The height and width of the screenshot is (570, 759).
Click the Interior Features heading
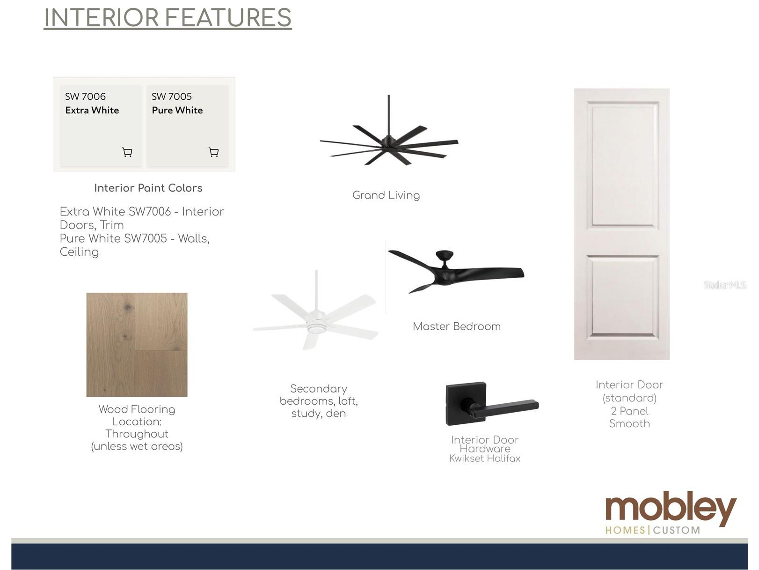pos(168,18)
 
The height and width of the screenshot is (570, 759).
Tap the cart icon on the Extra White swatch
pos(127,152)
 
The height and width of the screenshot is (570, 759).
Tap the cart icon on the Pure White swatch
pos(214,152)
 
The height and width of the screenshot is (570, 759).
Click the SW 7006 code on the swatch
pos(86,96)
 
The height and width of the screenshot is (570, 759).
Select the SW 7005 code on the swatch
pos(172,96)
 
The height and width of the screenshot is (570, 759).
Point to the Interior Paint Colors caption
pos(148,188)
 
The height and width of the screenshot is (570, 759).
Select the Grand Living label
pos(386,195)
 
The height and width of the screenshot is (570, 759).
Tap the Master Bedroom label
pos(457,326)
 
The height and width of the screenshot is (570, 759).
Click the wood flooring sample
pos(137,345)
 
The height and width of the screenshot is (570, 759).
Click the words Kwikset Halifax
pos(485,459)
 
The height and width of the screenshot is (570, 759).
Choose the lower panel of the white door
pos(622,297)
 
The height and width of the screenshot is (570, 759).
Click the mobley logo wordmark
pos(671,508)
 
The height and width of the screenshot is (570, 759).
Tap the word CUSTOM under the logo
pos(676,530)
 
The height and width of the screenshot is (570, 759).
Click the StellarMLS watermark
pos(725,285)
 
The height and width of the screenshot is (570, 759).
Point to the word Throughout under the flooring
pos(137,434)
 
